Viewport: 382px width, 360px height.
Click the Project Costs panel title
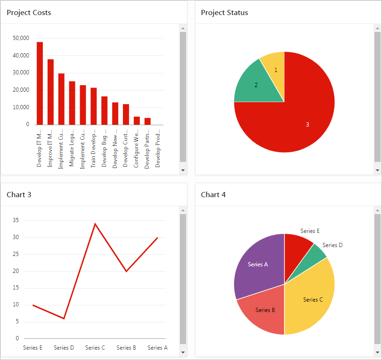coord(29,13)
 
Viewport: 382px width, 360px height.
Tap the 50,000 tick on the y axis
coord(21,38)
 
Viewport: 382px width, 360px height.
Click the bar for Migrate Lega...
coord(72,103)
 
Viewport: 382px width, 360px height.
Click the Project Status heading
coord(224,13)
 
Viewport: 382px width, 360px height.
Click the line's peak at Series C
coord(95,224)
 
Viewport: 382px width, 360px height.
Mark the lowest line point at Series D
coord(64,319)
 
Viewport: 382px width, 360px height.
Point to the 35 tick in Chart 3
coord(16,220)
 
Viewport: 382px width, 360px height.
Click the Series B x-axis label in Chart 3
coord(126,348)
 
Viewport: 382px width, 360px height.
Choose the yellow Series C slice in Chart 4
coord(311,296)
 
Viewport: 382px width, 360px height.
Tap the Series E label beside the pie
coord(310,231)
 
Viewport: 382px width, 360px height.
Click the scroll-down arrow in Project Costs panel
coord(183,170)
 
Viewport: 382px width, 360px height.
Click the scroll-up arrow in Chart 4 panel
coord(377,210)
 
